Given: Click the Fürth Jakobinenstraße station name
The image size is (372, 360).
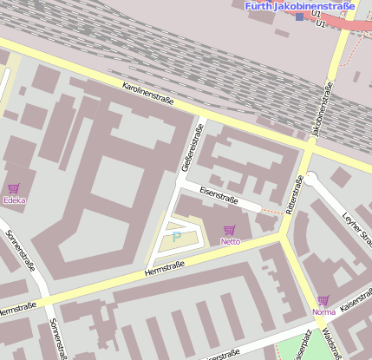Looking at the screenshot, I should (x=300, y=6).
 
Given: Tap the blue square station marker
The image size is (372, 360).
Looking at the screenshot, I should (x=300, y=16).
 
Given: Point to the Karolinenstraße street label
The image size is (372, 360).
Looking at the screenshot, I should (x=148, y=95).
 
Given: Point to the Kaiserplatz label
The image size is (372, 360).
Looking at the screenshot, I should (x=303, y=345).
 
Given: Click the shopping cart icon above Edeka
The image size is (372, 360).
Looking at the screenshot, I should (x=13, y=188).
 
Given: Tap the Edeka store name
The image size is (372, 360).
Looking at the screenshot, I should (x=14, y=200).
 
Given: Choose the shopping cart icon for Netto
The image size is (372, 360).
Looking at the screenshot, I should (x=229, y=230).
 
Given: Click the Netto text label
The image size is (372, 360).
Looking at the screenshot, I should (x=230, y=241).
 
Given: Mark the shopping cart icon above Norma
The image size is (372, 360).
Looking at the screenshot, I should (x=323, y=300).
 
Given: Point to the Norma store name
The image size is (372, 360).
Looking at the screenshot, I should (x=323, y=311).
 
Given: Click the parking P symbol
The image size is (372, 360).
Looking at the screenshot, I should (x=177, y=235).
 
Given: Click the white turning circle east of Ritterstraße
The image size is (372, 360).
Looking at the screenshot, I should (x=310, y=179).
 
